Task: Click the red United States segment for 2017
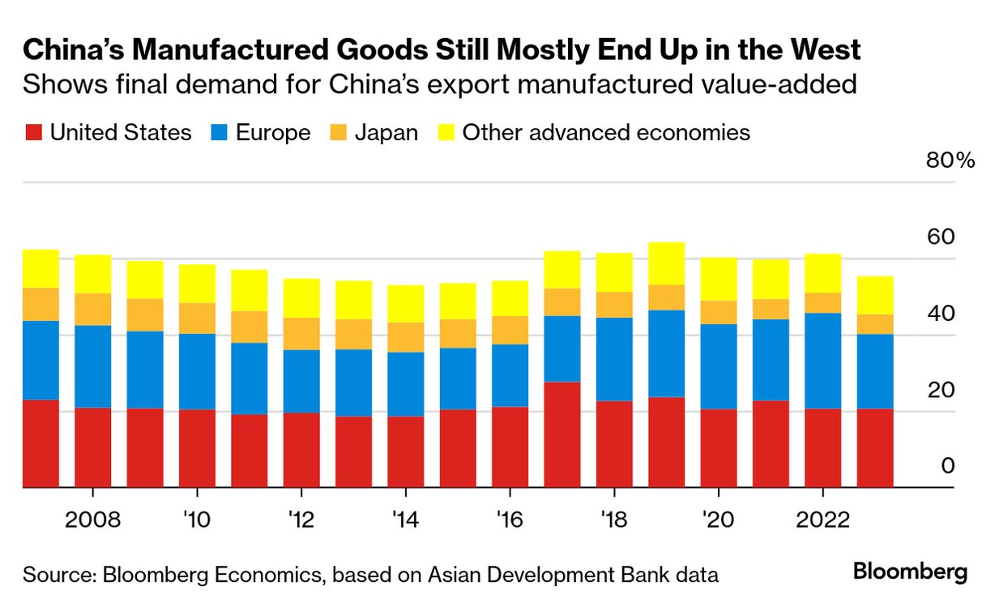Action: pyautogui.click(x=561, y=435)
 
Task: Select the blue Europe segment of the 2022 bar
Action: pyautogui.click(x=822, y=361)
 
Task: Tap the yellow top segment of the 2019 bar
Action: pyautogui.click(x=666, y=263)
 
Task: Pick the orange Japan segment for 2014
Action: pyautogui.click(x=405, y=337)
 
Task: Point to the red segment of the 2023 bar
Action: pyautogui.click(x=875, y=447)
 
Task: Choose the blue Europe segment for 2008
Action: pyautogui.click(x=92, y=366)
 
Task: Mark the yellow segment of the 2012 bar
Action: pyautogui.click(x=301, y=298)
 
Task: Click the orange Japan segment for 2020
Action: pyautogui.click(x=719, y=313)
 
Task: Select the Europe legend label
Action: pyautogui.click(x=273, y=133)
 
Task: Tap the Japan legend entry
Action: pyautogui.click(x=386, y=133)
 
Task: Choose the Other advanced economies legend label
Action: pyautogui.click(x=606, y=133)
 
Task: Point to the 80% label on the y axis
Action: pyautogui.click(x=950, y=161)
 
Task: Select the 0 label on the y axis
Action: pyautogui.click(x=948, y=467)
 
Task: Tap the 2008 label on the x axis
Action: pyautogui.click(x=92, y=520)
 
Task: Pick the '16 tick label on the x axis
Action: pyautogui.click(x=510, y=520)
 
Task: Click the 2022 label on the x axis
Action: pyautogui.click(x=822, y=520)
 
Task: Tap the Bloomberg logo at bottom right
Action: pyautogui.click(x=910, y=572)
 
